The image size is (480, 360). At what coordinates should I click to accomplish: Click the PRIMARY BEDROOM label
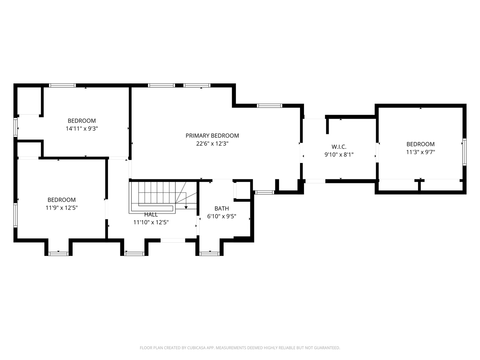(x=212, y=136)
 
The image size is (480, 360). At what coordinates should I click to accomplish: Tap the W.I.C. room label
(x=339, y=147)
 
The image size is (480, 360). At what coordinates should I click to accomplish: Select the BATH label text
(x=222, y=208)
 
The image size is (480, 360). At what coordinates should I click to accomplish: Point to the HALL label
(x=151, y=214)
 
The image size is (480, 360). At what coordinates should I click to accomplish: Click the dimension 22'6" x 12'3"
(x=212, y=144)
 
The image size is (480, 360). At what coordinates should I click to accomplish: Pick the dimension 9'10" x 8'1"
(x=339, y=155)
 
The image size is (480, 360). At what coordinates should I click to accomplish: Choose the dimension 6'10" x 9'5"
(x=222, y=216)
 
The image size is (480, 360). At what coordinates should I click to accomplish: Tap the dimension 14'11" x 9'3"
(x=82, y=129)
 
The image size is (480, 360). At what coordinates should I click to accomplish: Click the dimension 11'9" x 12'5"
(x=62, y=208)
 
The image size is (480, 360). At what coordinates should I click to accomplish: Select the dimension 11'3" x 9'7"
(x=421, y=152)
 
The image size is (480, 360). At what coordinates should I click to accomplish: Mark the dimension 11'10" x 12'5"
(x=151, y=222)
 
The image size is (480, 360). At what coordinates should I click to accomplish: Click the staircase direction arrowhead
(x=186, y=207)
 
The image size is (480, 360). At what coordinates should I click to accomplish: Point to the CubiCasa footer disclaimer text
(x=240, y=348)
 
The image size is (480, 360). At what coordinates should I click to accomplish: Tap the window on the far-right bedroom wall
(x=464, y=152)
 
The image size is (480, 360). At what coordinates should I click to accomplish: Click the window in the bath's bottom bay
(x=209, y=254)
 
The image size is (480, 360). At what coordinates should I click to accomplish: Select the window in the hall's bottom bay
(x=134, y=254)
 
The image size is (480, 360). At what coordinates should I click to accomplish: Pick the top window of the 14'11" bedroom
(x=62, y=85)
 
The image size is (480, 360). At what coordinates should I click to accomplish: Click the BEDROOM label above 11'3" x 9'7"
(x=421, y=144)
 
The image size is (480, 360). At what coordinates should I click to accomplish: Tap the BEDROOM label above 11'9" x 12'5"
(x=62, y=200)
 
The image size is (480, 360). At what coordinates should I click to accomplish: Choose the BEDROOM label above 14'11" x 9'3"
(x=82, y=121)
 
